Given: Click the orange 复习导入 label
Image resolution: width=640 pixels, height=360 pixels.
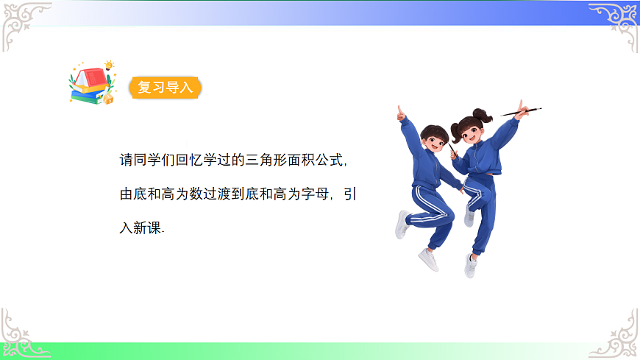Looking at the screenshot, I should pyautogui.click(x=165, y=88).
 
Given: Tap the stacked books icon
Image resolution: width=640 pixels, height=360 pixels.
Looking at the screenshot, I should pyautogui.click(x=88, y=85).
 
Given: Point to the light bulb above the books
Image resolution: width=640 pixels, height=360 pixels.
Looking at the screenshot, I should pyautogui.click(x=109, y=65).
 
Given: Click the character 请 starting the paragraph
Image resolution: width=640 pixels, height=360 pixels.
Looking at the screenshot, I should pyautogui.click(x=126, y=160).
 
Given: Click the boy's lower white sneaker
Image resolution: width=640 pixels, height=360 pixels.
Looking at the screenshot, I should pyautogui.click(x=428, y=259).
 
